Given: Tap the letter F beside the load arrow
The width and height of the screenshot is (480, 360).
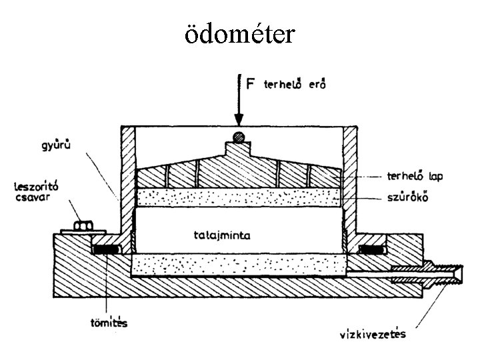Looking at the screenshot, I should [250, 85].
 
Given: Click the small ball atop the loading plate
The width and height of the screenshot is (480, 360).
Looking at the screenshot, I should [237, 138].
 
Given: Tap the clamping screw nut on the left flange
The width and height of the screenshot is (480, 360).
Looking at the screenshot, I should [83, 226].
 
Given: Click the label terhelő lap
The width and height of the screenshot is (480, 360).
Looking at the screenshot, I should [414, 177].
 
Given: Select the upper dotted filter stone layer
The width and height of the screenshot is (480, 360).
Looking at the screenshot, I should [237, 197].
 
